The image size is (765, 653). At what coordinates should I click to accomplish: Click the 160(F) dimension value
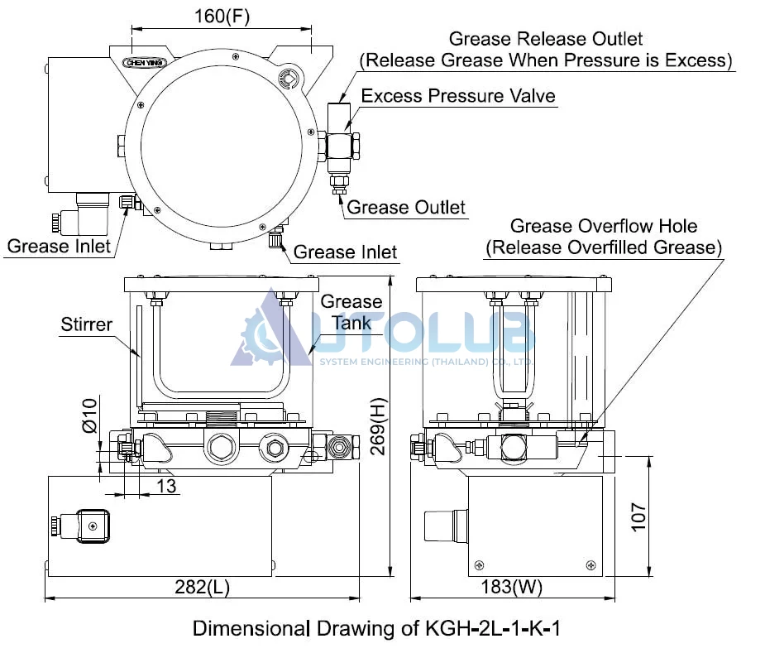pyautogui.click(x=222, y=17)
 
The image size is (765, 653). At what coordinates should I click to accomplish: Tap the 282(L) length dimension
pyautogui.click(x=202, y=587)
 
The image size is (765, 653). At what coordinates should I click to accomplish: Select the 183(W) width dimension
pyautogui.click(x=512, y=587)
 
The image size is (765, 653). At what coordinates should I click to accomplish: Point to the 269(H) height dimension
pyautogui.click(x=378, y=426)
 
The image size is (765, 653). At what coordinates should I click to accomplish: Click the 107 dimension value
pyautogui.click(x=638, y=516)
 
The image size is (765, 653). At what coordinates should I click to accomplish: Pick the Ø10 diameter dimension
pyautogui.click(x=90, y=415)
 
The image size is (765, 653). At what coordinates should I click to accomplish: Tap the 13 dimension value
pyautogui.click(x=166, y=486)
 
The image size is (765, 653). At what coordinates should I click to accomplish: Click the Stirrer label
pyautogui.click(x=86, y=324)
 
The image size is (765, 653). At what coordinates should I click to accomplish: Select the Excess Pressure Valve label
pyautogui.click(x=458, y=96)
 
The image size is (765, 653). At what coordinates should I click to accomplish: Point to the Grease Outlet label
pyautogui.click(x=406, y=207)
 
